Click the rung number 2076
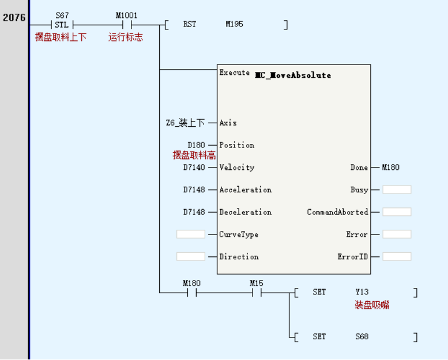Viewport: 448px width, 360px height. [14, 17]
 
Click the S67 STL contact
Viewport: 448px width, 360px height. [62, 25]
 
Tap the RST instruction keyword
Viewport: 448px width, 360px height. [190, 24]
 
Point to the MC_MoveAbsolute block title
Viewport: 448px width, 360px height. [293, 75]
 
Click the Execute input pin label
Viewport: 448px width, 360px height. [234, 73]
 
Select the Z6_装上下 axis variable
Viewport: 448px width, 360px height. [185, 123]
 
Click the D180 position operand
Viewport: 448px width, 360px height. [196, 145]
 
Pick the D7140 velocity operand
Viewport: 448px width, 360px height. [194, 167]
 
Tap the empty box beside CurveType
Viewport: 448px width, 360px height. [190, 234]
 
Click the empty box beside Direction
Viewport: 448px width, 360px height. [190, 257]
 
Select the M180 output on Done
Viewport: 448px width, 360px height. [390, 167]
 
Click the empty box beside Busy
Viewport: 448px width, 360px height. [397, 190]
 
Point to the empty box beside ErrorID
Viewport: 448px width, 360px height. [397, 257]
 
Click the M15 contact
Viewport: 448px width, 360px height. [257, 292]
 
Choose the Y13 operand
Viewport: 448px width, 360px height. [362, 292]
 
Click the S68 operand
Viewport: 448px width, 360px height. [362, 336]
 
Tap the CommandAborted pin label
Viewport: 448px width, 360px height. [337, 212]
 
